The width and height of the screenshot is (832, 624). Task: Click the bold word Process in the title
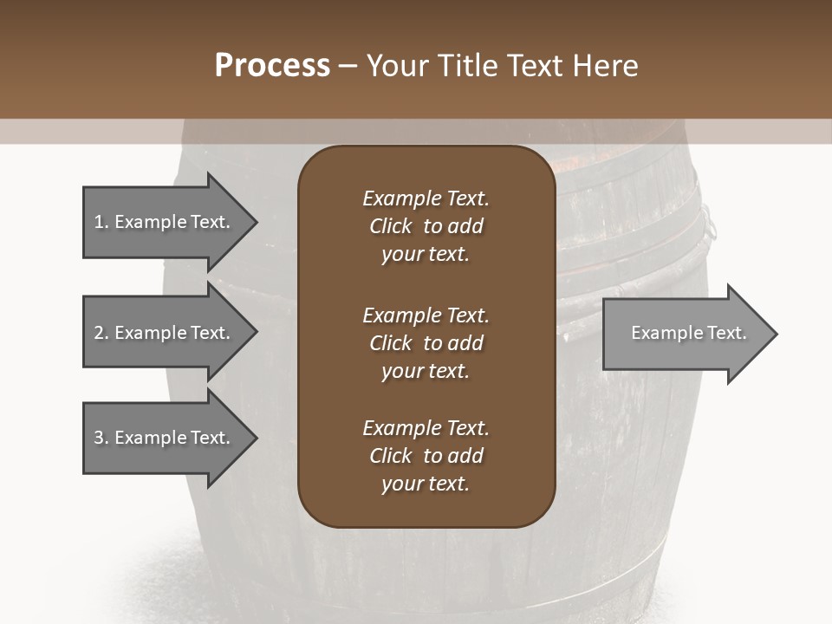272,66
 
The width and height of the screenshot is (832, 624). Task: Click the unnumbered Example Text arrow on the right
685,333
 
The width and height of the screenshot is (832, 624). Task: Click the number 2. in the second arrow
101,333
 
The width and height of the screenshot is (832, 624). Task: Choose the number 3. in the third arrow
101,438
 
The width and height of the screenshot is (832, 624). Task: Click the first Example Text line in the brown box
426,198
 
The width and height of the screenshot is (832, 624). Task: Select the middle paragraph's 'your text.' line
426,371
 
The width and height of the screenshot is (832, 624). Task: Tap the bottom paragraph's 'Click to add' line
426,456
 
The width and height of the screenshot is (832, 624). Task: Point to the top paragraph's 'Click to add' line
426,226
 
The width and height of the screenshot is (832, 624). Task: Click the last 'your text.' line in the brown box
426,484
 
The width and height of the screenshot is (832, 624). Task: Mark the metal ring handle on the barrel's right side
709,224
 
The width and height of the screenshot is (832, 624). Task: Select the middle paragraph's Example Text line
426,315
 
